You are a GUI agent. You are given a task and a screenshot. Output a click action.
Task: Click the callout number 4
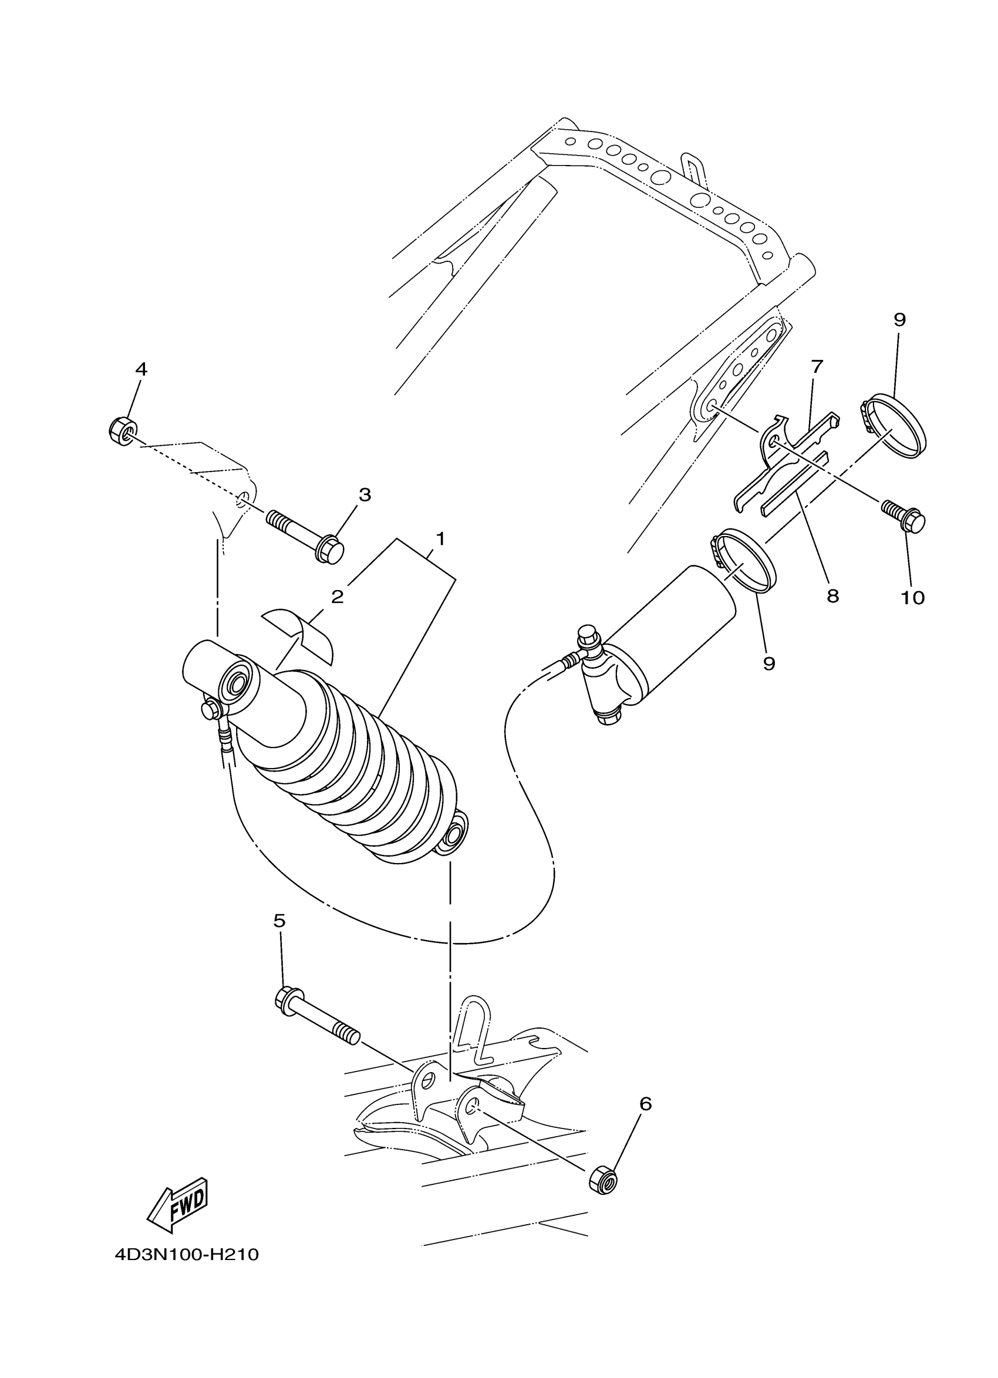141,369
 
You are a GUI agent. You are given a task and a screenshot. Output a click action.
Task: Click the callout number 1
440,539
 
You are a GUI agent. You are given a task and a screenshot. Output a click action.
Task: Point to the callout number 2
338,596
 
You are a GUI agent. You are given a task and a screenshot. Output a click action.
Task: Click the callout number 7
817,366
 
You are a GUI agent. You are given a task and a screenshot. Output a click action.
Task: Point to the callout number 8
832,595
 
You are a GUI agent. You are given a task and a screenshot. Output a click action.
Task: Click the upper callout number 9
899,319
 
